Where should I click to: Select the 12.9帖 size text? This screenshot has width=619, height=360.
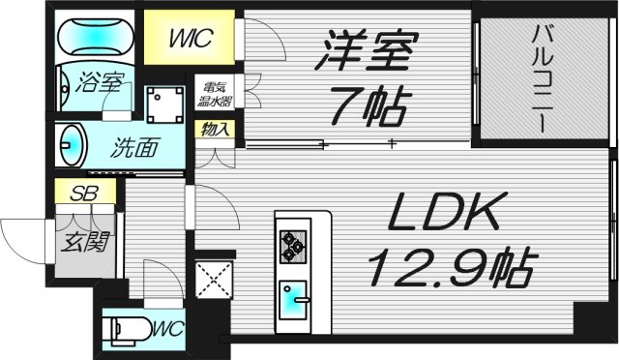(450, 264)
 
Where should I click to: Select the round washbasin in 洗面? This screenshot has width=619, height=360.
(69, 147)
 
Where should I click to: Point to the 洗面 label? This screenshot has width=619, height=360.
(133, 151)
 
